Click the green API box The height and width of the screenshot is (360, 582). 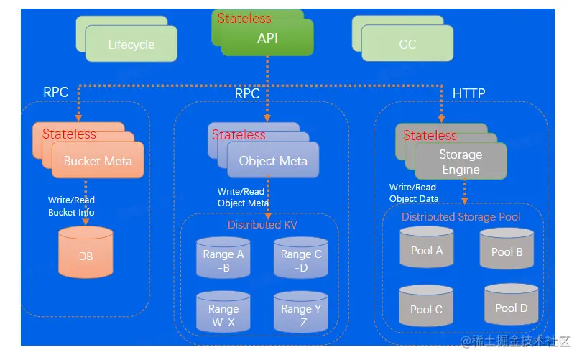(267, 38)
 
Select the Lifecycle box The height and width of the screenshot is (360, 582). (131, 44)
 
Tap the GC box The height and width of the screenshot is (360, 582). (407, 44)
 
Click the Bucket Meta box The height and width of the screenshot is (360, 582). (98, 160)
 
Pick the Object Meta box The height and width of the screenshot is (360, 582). (273, 161)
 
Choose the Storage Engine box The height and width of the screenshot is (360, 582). (461, 162)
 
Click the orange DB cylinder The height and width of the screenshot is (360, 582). (86, 256)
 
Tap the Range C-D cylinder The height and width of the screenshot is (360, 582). (301, 260)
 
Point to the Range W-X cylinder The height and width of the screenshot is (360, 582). (223, 315)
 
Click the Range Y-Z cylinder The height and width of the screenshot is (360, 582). (300, 315)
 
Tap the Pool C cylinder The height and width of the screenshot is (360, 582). (426, 308)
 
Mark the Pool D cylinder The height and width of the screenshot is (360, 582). (512, 308)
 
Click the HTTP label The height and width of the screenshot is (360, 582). (468, 93)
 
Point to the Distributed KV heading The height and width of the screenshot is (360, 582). (262, 225)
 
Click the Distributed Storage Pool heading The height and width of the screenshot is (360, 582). (461, 216)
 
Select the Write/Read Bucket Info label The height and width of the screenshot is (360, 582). (71, 206)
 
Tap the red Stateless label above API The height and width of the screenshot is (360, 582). (244, 18)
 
